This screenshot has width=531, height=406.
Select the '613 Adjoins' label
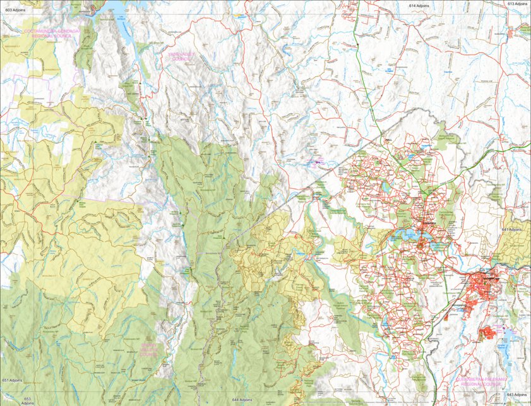click(x=516, y=4)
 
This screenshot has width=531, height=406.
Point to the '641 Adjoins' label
click(x=515, y=230)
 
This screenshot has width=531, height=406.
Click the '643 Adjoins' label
click(x=516, y=395)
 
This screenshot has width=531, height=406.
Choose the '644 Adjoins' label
click(x=244, y=400)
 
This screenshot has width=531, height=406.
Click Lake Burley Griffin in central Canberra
click(x=410, y=236)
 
